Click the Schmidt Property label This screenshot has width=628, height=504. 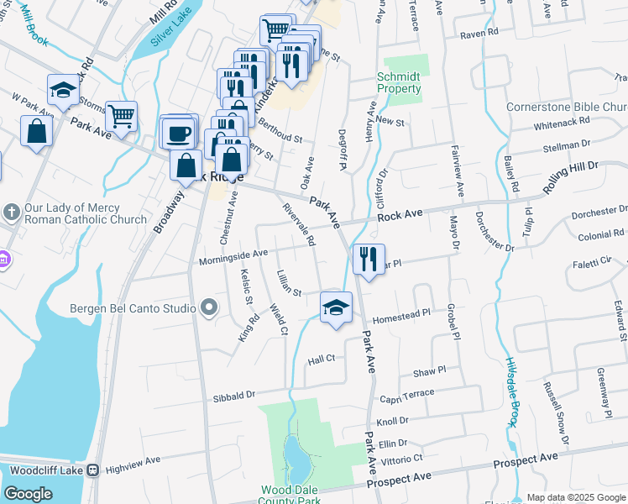pyautogui.click(x=399, y=82)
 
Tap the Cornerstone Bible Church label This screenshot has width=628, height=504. pyautogui.click(x=567, y=108)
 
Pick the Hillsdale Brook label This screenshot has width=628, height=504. pyautogui.click(x=512, y=390)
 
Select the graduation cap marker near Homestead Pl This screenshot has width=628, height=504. pyautogui.click(x=336, y=307)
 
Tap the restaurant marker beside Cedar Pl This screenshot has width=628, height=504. pyautogui.click(x=368, y=260)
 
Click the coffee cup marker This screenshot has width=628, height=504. pyautogui.click(x=178, y=134)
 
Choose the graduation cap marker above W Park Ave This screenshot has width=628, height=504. pyautogui.click(x=62, y=91)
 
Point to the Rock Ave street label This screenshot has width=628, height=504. pyautogui.click(x=399, y=216)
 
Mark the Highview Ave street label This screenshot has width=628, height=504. pyautogui.click(x=133, y=461)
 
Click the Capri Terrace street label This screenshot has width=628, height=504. pyautogui.click(x=406, y=394)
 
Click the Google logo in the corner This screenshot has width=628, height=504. pyautogui.click(x=28, y=493)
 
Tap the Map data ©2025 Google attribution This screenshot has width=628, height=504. pyautogui.click(x=576, y=497)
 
